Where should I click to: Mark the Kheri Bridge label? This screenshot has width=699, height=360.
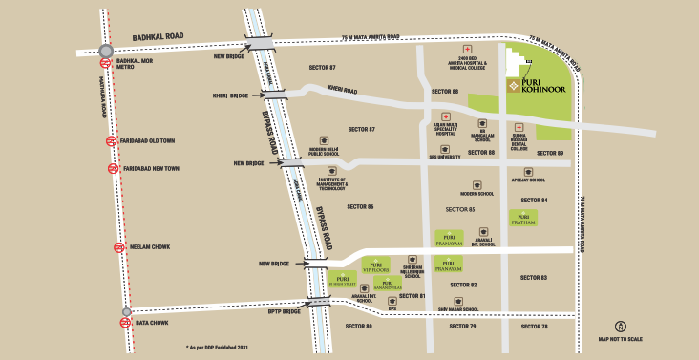coord(230,95)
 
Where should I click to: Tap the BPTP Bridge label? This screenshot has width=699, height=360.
coord(285,311)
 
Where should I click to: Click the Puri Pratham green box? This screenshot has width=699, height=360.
coord(523,217)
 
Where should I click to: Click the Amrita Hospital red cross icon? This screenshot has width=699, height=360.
coord(467,49)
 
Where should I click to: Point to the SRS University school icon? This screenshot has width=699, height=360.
coord(444,148)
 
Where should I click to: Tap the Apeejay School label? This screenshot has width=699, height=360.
coord(529,179)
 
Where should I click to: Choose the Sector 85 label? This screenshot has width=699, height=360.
coord(459,208)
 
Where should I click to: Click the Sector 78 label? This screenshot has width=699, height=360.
coord(533,327)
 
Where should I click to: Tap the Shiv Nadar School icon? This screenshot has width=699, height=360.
coord(458,300)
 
